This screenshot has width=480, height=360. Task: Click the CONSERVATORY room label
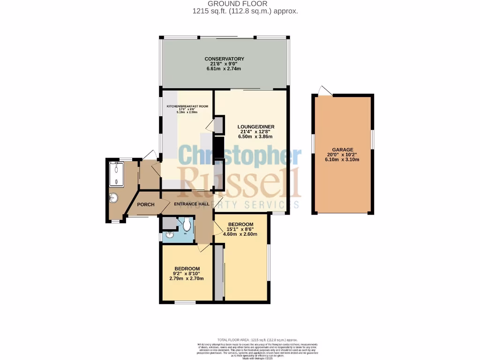[x=224, y=59]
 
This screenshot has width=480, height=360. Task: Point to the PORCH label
[x=146, y=204]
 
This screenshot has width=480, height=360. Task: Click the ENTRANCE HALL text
[x=188, y=204]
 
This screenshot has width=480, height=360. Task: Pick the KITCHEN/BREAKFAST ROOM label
[x=187, y=106]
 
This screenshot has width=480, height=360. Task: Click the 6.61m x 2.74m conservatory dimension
[x=224, y=69]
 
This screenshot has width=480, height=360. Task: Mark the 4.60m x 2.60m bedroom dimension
[x=240, y=234]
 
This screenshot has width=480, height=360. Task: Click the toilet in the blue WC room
[x=187, y=224]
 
